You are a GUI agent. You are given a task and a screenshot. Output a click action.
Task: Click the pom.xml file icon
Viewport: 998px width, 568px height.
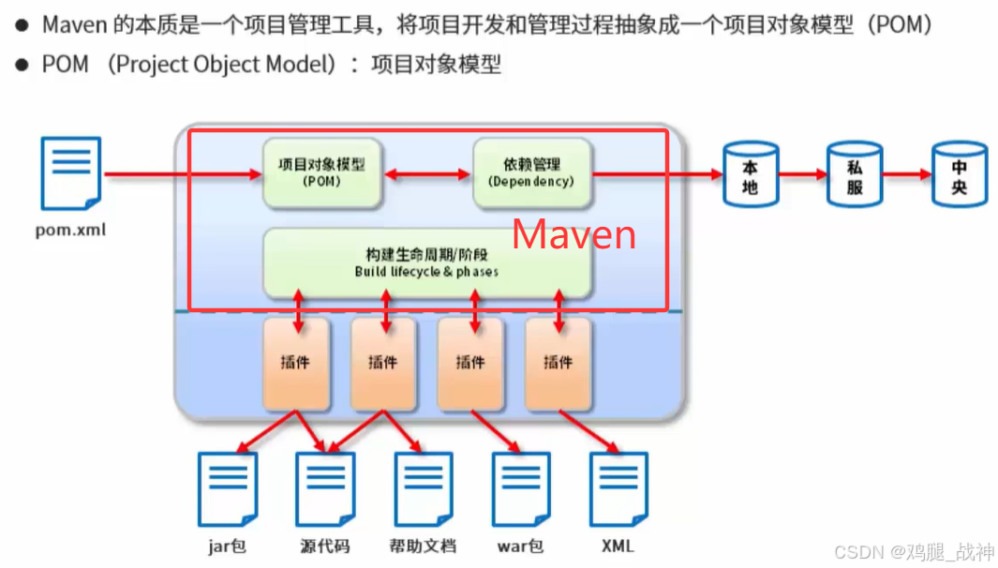[71, 173]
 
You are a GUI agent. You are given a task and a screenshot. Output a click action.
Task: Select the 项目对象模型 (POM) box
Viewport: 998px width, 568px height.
[322, 173]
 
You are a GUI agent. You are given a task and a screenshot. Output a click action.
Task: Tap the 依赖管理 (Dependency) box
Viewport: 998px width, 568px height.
[531, 173]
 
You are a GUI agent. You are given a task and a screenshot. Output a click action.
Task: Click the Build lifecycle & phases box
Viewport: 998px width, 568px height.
[426, 263]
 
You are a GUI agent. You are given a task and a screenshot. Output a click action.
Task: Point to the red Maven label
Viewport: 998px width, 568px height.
[573, 234]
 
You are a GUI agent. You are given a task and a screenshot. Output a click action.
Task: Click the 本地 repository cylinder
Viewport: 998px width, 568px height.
[750, 175]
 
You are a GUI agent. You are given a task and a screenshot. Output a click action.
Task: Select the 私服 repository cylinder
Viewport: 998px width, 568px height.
[854, 175]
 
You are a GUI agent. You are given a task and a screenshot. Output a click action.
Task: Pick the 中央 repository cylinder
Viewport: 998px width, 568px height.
[959, 175]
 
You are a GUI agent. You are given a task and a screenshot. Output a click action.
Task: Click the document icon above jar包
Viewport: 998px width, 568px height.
[228, 489]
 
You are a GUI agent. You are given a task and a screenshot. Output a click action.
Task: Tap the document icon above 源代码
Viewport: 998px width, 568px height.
[325, 489]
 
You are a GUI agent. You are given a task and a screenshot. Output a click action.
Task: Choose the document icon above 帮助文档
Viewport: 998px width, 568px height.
[424, 489]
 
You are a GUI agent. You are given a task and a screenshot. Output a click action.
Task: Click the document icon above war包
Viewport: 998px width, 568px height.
[521, 489]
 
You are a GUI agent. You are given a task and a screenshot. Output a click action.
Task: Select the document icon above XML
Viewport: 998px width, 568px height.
[618, 489]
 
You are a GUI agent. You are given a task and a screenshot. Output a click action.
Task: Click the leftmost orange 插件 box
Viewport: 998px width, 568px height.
[295, 363]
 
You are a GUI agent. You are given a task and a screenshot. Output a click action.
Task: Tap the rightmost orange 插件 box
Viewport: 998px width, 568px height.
[559, 363]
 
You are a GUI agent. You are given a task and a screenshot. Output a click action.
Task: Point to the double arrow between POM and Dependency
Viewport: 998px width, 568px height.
[427, 174]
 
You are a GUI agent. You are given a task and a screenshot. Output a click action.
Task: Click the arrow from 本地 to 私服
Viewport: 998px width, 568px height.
[801, 174]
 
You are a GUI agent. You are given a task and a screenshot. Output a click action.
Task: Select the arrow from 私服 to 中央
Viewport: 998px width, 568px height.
[906, 174]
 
